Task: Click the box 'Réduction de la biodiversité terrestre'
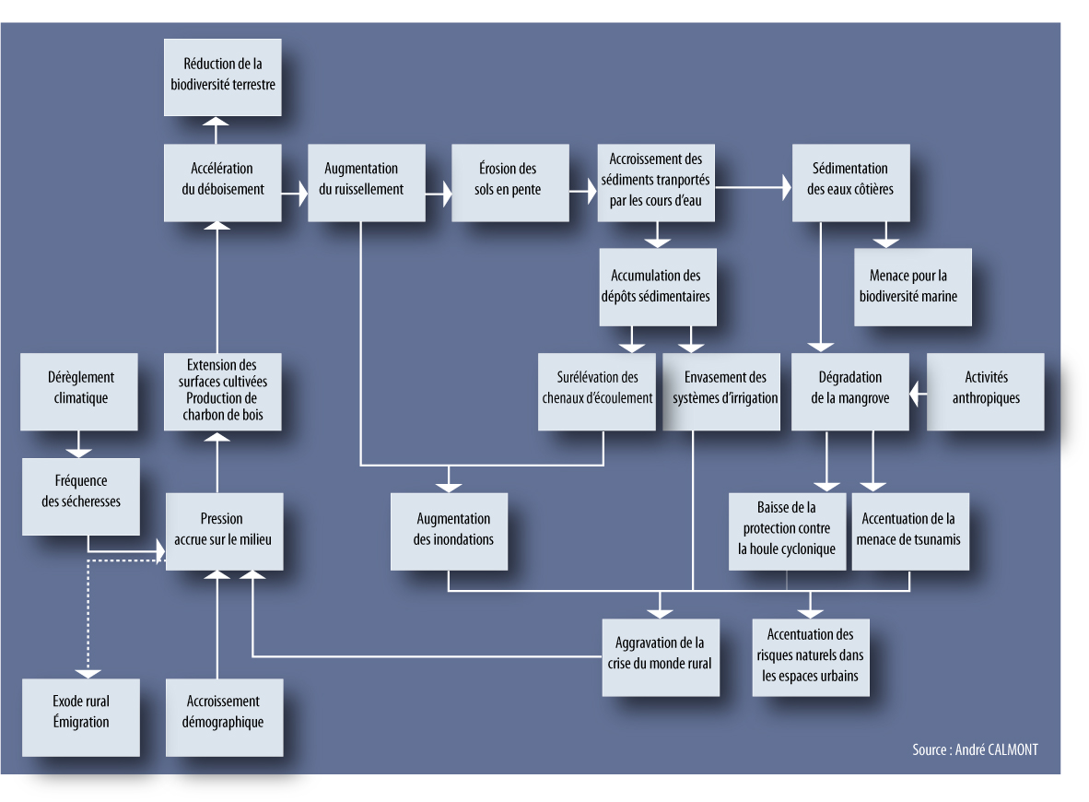click(223, 77)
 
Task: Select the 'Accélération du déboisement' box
click(223, 183)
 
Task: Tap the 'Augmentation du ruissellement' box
click(367, 183)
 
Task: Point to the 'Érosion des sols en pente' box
click(510, 183)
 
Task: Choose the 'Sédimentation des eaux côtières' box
click(850, 183)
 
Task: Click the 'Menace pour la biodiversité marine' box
click(913, 287)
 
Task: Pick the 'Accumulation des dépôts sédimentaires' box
click(658, 287)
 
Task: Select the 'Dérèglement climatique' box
click(79, 392)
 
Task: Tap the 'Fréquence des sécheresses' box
click(81, 496)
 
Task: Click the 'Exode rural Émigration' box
click(81, 717)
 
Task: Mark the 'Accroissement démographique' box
click(224, 717)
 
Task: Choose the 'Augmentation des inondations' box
click(450, 532)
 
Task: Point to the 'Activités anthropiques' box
click(986, 392)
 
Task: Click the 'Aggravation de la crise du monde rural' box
click(661, 657)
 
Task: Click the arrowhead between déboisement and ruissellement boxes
click(303, 194)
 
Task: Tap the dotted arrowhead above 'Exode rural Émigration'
click(88, 674)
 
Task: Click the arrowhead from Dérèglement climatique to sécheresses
click(78, 454)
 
